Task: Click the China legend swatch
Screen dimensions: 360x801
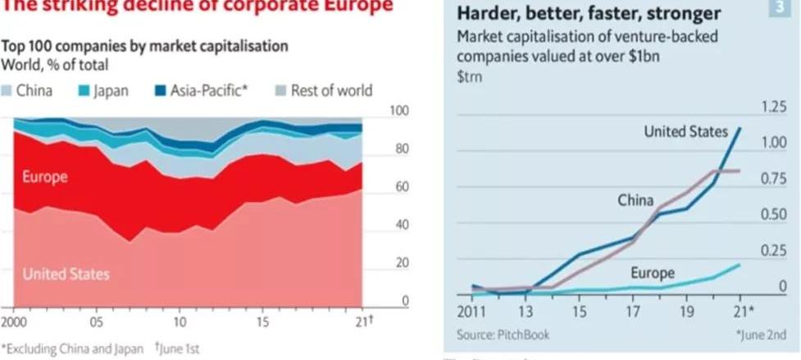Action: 7,91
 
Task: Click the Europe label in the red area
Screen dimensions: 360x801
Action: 45,177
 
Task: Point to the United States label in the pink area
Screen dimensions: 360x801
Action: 66,274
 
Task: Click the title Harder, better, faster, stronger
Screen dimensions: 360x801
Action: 589,14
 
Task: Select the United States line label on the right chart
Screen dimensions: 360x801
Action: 686,131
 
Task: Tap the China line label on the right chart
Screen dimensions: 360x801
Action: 635,200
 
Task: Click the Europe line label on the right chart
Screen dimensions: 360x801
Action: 653,273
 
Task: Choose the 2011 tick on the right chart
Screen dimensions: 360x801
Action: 472,312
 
